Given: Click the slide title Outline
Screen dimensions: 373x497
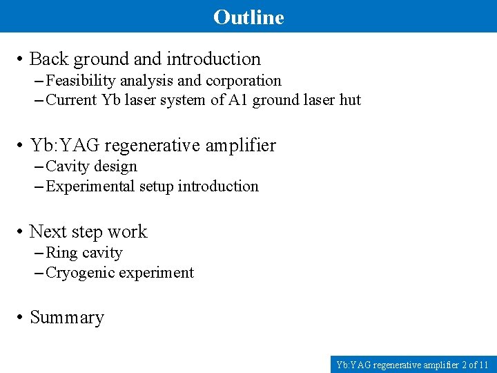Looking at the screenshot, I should point(248,17).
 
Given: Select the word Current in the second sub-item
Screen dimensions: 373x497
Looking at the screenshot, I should point(71,100).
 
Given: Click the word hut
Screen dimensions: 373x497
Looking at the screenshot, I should point(350,100).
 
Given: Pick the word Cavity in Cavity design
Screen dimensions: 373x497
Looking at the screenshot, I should point(68,166).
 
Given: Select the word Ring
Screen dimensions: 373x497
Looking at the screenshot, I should point(61,253).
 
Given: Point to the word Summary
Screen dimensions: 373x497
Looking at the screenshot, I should point(67,318).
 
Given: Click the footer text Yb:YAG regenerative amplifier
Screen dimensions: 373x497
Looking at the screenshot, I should point(397,364).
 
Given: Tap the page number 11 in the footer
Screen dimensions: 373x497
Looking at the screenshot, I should point(483,364).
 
